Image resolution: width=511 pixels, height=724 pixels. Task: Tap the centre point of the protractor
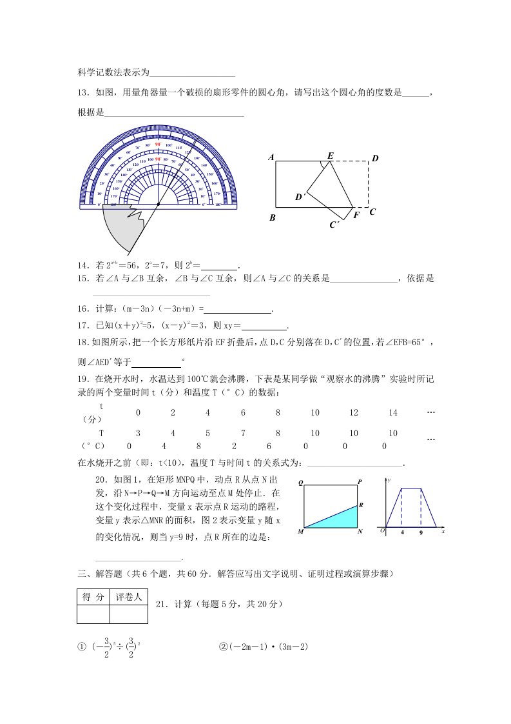tap(158, 205)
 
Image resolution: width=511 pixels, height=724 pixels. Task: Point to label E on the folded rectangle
tap(331, 156)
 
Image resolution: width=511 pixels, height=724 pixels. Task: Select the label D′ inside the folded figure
tap(299, 197)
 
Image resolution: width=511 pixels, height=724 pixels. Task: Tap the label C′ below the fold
tap(334, 225)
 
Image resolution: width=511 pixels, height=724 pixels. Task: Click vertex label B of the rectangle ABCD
tap(273, 218)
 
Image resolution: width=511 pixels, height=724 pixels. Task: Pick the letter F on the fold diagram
tap(356, 215)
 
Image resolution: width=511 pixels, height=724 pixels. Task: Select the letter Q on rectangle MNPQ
tap(300, 482)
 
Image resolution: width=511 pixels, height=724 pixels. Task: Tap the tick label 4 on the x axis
tap(402, 533)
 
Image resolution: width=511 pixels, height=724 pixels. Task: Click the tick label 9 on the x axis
tap(421, 533)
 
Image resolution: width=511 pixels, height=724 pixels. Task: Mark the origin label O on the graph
tap(382, 530)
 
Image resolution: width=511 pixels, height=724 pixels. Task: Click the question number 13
tap(82, 93)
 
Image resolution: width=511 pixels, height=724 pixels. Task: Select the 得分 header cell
tap(93, 598)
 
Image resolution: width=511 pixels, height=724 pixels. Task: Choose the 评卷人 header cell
tap(129, 598)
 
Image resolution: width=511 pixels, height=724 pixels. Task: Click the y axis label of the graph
tap(389, 479)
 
